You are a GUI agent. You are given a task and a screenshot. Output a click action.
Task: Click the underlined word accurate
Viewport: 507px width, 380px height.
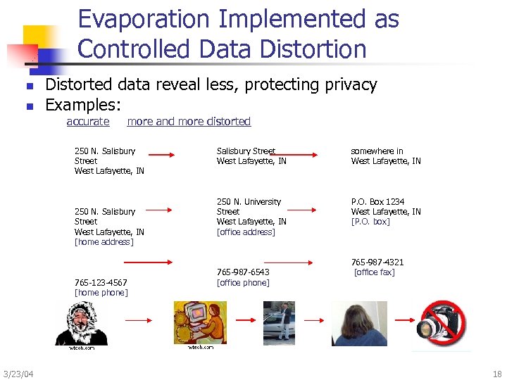[x=88, y=122]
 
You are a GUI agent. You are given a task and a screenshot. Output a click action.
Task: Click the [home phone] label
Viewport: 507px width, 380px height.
[x=101, y=293]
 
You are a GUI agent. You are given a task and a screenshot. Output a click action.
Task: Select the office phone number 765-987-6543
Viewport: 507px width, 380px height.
[x=243, y=272]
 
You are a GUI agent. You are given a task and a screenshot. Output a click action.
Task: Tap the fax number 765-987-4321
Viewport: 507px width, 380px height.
[x=377, y=262]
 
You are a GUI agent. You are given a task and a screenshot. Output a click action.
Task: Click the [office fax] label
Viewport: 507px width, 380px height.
[x=374, y=272]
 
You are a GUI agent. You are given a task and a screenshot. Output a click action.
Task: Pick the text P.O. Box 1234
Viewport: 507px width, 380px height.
[x=377, y=201]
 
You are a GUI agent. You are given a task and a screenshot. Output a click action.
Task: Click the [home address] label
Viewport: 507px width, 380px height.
[x=104, y=242]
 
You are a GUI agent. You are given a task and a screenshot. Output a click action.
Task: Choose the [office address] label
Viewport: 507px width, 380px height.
[x=246, y=232]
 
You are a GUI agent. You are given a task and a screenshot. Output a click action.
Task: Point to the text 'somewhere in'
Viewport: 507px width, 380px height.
[x=377, y=151]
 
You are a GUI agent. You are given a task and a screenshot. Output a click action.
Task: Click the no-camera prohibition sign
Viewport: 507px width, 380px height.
[x=444, y=325]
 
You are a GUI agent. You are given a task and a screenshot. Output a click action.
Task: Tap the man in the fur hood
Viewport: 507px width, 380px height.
[x=82, y=324]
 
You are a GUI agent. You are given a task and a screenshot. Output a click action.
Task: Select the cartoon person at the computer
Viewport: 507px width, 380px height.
[x=200, y=322]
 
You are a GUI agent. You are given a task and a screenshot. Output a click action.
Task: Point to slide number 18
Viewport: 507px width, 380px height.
[x=497, y=373]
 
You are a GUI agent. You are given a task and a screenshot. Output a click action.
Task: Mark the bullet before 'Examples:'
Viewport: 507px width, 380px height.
[x=30, y=107]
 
